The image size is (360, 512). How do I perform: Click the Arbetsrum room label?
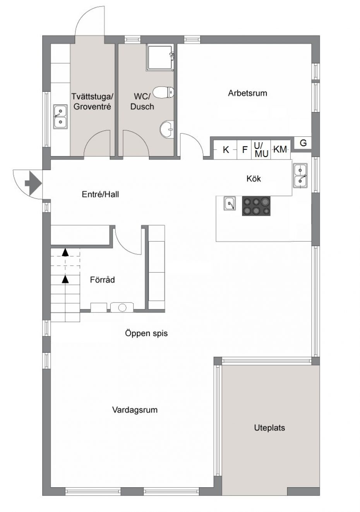coord(247,93)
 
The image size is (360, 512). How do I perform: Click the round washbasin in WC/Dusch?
coord(167,130)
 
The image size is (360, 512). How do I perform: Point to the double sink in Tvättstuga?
coord(60,117)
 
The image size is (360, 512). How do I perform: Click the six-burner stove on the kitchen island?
coord(256,206)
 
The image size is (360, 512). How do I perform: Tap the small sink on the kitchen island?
coord(230,203)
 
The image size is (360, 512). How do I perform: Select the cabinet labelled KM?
coord(280,149)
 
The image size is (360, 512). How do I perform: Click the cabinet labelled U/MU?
coord(261,149)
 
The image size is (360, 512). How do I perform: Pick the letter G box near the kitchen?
coord(303,143)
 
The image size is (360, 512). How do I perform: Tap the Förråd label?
coord(102,280)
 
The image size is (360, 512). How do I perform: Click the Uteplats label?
coord(269,428)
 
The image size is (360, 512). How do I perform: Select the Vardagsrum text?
coord(135,410)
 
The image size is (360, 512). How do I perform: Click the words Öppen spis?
coord(146,333)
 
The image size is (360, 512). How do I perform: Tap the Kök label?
coord(254,179)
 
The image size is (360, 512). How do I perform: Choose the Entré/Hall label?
coord(100,194)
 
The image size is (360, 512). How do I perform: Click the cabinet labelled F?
coord(244,149)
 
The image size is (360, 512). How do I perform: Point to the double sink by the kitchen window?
coord(300,175)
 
